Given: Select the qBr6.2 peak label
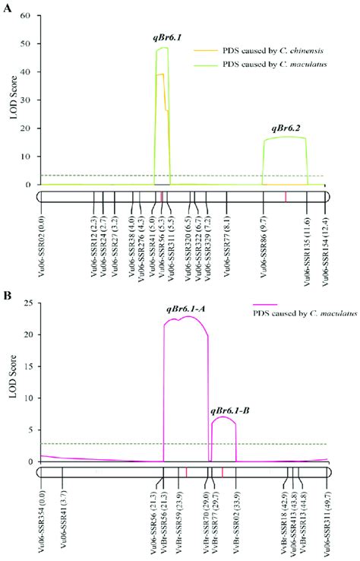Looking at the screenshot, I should pos(285,128).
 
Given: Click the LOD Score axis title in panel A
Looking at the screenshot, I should pos(11,100).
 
